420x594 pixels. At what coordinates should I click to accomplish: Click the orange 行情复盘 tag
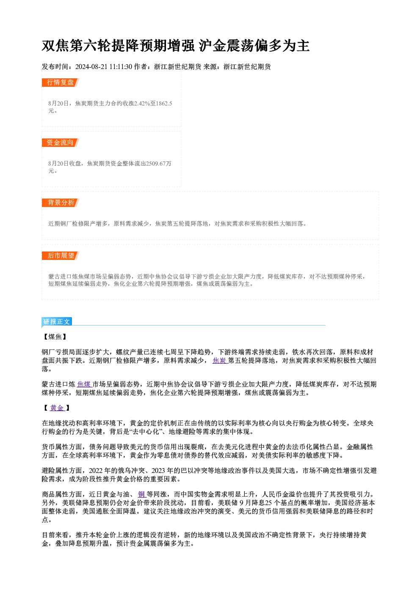[60, 83]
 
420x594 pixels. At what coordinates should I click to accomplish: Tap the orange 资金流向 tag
[60, 143]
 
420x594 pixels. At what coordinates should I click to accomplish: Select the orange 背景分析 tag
[60, 203]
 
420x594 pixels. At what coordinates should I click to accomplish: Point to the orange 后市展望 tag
[60, 256]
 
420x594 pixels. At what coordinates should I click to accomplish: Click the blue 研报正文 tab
[57, 322]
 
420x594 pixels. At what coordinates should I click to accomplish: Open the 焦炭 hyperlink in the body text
[220, 360]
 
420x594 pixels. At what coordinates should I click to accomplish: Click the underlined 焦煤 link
[84, 384]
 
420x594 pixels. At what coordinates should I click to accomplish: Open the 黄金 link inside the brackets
[57, 408]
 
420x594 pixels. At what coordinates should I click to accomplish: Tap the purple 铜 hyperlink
[142, 494]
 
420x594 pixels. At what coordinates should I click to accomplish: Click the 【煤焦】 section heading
[55, 337]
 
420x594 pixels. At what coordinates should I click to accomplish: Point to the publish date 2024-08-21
[91, 66]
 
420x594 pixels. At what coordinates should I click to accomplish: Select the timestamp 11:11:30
[121, 66]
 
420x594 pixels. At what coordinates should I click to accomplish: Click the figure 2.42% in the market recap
[142, 103]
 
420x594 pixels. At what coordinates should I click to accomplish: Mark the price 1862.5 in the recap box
[164, 103]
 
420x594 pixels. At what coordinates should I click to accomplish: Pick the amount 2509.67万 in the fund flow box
[159, 163]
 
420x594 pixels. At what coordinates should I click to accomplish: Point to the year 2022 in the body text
[96, 470]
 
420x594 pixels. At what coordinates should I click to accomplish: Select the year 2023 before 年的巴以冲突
[158, 470]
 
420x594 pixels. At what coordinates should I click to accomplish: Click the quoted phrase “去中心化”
[146, 432]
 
